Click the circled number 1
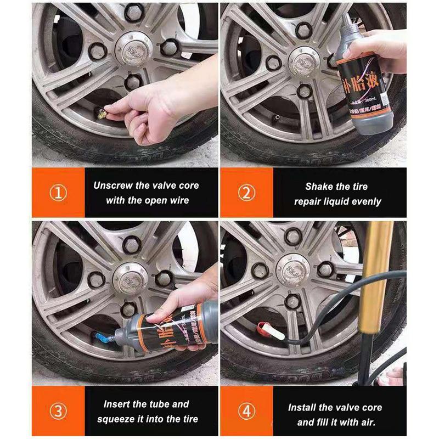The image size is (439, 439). point(58,193)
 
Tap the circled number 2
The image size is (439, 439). point(246,193)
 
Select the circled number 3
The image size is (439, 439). point(58,412)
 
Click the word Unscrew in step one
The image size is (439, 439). point(113,185)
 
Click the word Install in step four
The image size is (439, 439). point(303,408)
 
